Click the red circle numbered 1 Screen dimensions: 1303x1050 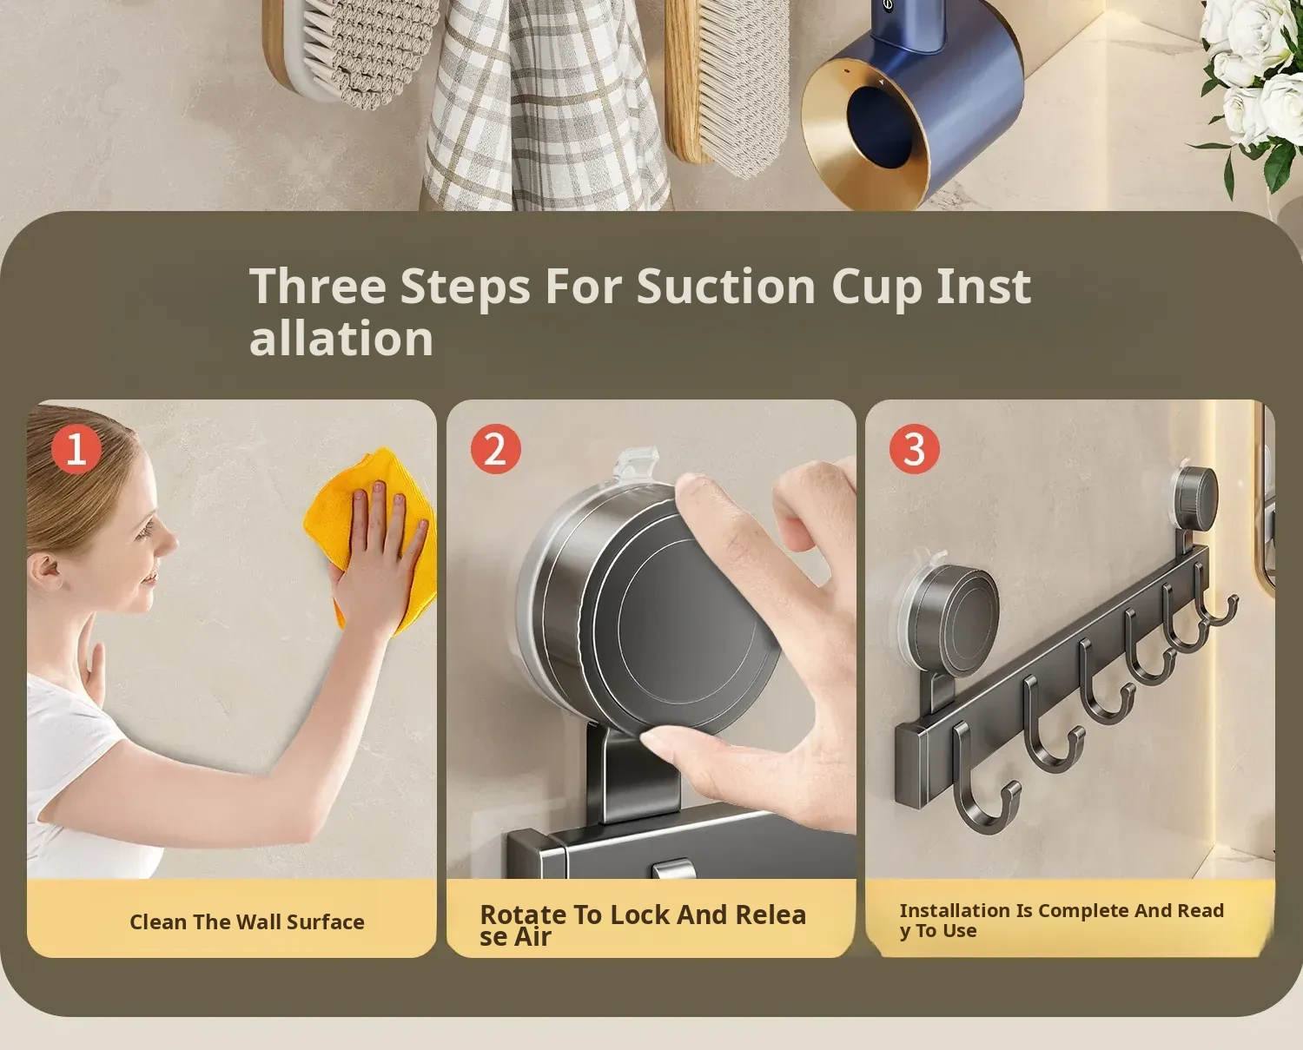click(x=76, y=449)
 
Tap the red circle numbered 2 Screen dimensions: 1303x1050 click(x=496, y=449)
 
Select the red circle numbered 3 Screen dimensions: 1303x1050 click(x=915, y=449)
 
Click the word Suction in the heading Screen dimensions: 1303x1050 click(x=726, y=287)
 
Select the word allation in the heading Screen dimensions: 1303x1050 click(x=341, y=338)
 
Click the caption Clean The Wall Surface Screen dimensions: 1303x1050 click(x=247, y=921)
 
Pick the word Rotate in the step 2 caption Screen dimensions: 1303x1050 click(x=523, y=915)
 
